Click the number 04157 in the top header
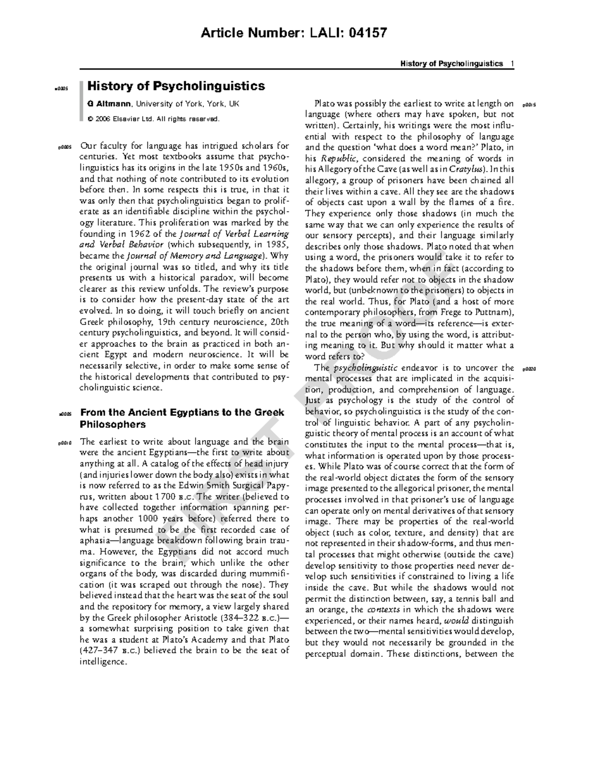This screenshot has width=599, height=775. click(367, 33)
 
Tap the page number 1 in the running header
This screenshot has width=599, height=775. click(512, 63)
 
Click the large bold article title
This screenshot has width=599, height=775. click(176, 86)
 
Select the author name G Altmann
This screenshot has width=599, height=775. click(109, 104)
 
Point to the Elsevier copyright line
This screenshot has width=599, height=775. click(153, 119)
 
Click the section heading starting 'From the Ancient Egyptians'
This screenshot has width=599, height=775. click(182, 418)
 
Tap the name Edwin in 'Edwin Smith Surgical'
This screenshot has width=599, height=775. click(178, 486)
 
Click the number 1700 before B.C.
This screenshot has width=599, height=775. click(165, 497)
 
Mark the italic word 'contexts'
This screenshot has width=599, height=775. click(383, 609)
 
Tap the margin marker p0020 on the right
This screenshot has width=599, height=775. click(528, 369)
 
